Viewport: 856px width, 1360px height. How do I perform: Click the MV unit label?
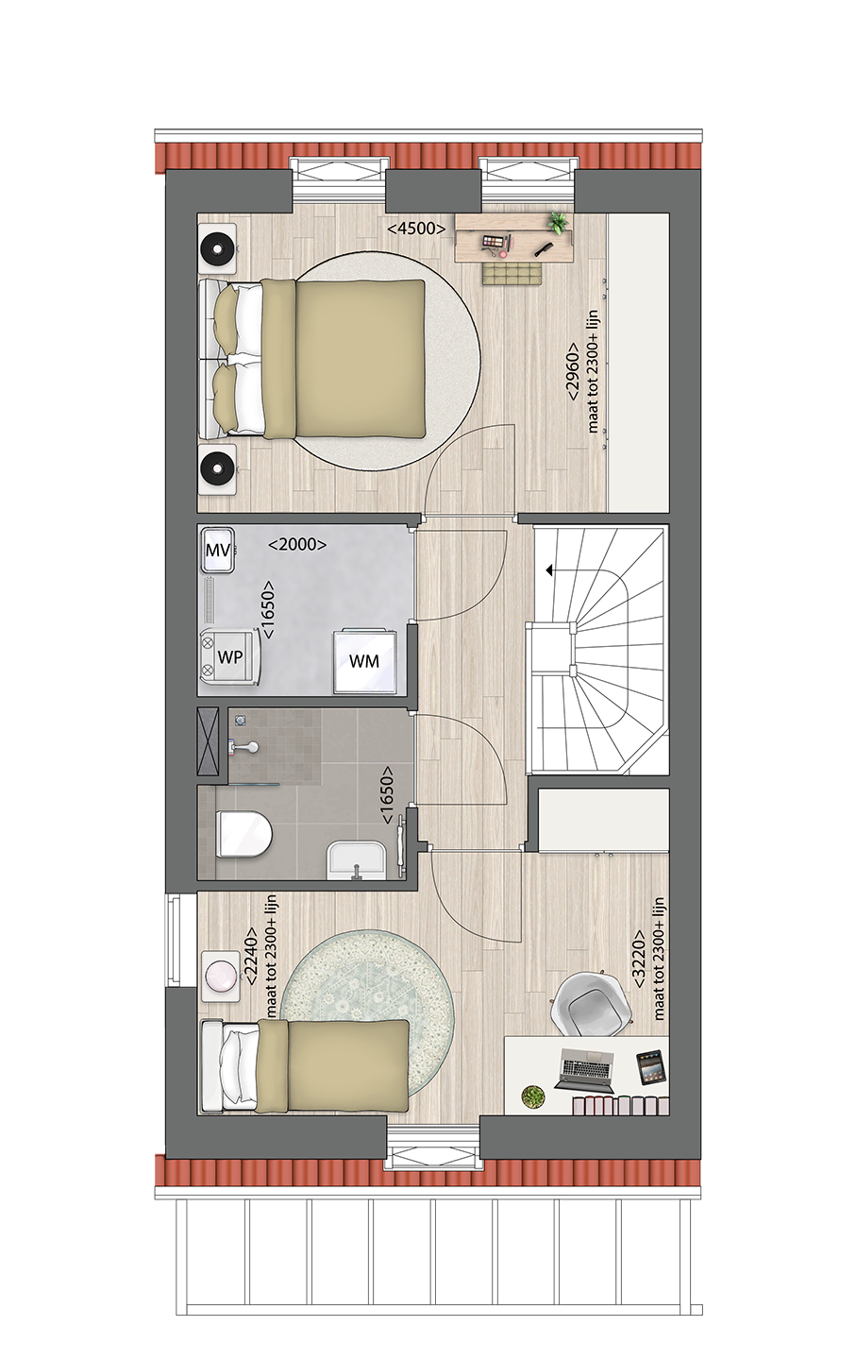(x=218, y=551)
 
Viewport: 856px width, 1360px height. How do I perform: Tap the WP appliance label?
(x=230, y=657)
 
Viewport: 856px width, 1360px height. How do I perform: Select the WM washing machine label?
(x=364, y=661)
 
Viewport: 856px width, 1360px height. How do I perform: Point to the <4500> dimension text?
(x=416, y=229)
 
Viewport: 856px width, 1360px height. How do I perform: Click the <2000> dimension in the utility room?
(x=297, y=545)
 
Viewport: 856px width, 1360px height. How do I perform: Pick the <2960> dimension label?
(x=573, y=371)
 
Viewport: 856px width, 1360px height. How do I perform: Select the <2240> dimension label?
(x=251, y=955)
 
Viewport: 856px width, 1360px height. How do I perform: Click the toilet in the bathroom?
(x=243, y=834)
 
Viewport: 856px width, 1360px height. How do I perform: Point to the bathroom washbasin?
(x=356, y=862)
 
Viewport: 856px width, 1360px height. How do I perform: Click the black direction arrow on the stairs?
(x=549, y=570)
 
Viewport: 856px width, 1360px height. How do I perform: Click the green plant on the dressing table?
(x=558, y=224)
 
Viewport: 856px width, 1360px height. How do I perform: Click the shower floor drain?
(x=241, y=721)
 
